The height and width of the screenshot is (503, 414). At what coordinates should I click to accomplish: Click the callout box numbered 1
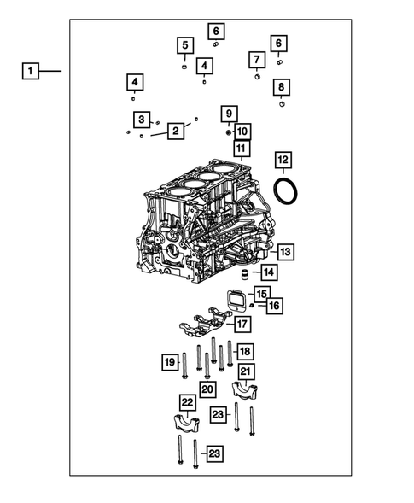(x=30, y=71)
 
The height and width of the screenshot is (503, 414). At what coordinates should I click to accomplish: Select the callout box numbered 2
(x=175, y=131)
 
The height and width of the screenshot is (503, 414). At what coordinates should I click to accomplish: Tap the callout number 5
(x=184, y=45)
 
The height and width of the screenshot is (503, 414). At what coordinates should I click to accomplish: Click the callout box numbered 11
(x=242, y=150)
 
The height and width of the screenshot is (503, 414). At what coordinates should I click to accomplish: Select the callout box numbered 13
(x=284, y=252)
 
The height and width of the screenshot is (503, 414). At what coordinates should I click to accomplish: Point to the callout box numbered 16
(x=273, y=305)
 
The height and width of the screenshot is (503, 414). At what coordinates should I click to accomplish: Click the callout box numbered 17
(x=242, y=325)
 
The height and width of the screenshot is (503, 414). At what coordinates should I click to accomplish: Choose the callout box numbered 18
(x=244, y=352)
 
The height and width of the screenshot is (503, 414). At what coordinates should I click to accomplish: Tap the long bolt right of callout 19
(x=184, y=369)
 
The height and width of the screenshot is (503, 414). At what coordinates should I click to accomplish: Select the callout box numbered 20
(x=207, y=389)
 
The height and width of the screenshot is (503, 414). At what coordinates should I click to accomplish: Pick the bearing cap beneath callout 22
(x=186, y=424)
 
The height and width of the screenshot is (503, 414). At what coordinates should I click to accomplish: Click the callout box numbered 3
(x=143, y=119)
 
